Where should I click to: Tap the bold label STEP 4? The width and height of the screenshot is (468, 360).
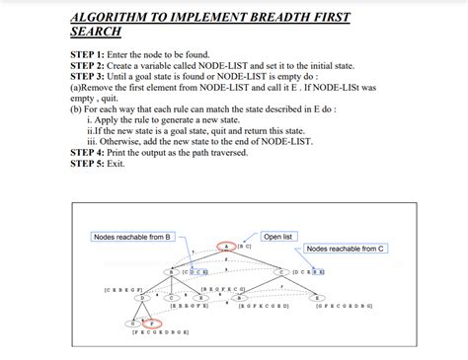(91, 152)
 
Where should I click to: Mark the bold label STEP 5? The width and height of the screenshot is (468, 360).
(91, 163)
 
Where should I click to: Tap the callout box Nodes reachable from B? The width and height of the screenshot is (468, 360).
(133, 238)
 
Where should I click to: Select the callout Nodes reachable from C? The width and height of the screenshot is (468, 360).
(347, 249)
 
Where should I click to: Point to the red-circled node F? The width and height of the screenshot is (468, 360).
(151, 323)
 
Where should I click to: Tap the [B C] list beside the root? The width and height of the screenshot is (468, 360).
(245, 248)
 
